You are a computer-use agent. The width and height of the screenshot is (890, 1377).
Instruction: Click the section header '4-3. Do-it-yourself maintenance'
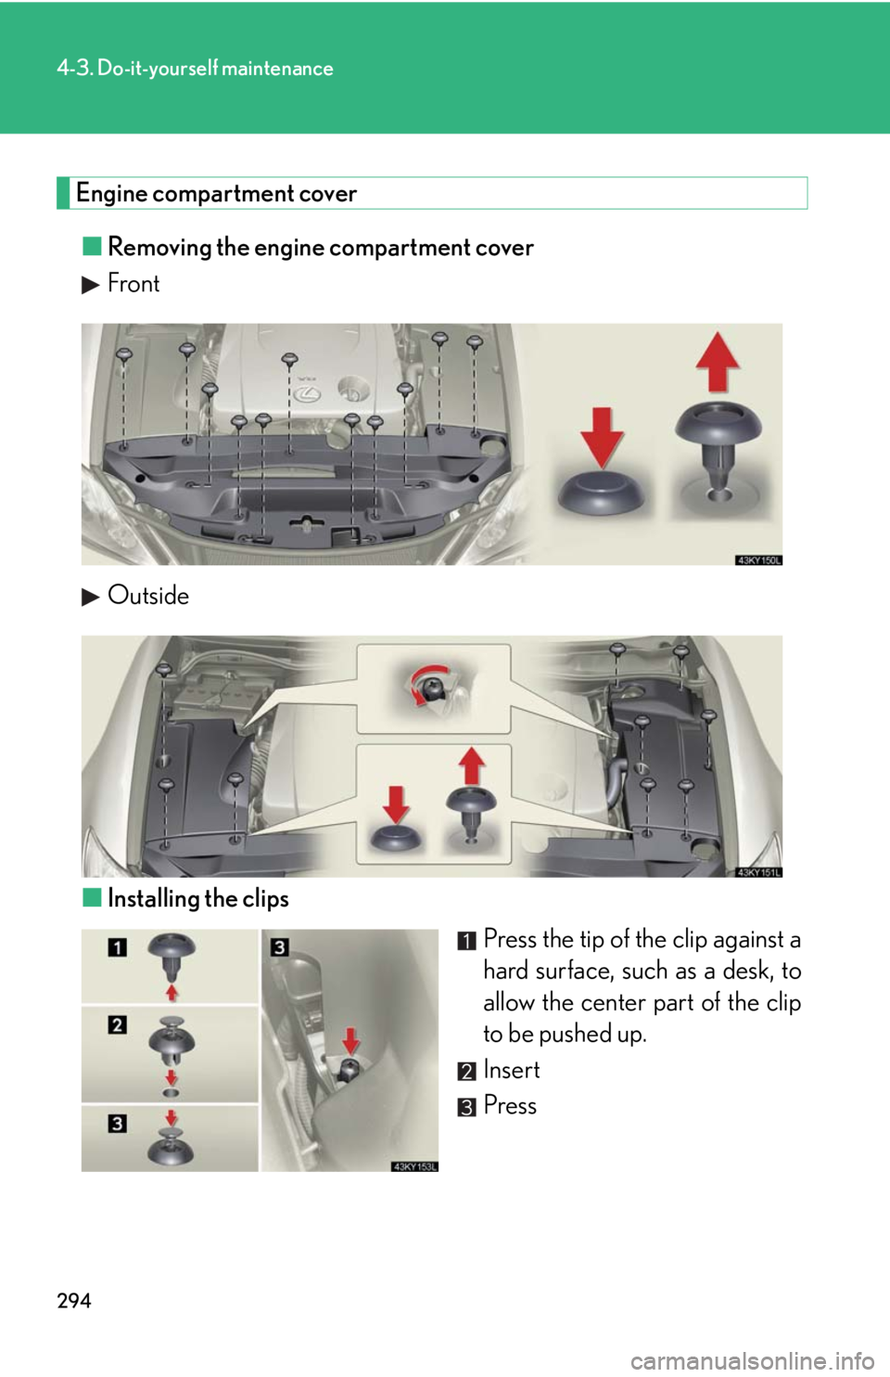[x=195, y=69]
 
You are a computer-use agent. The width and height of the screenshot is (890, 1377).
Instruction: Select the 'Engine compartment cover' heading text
[x=216, y=194]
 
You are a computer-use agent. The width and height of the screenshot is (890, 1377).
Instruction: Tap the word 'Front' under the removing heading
[x=133, y=283]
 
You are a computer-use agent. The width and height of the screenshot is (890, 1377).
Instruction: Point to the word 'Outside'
[x=148, y=596]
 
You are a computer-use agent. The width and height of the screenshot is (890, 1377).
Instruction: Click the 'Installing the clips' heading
[x=197, y=899]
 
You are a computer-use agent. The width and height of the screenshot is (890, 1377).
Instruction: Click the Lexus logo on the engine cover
[x=307, y=394]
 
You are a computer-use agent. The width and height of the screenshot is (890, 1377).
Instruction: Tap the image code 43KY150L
[x=758, y=560]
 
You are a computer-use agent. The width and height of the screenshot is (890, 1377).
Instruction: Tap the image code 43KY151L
[x=758, y=871]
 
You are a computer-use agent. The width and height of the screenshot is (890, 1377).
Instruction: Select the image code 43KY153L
[x=414, y=1166]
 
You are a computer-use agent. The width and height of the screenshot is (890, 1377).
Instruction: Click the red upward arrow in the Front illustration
[x=717, y=362]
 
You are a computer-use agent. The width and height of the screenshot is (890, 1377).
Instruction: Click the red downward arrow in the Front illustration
[x=603, y=437]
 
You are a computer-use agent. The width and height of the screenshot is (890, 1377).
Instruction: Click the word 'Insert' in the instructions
[x=512, y=1070]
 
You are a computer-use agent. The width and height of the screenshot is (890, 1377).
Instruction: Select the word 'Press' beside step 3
[x=510, y=1106]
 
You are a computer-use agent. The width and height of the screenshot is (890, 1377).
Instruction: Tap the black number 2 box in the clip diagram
[x=118, y=1024]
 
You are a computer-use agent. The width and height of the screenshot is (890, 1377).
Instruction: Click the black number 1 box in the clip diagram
[x=118, y=947]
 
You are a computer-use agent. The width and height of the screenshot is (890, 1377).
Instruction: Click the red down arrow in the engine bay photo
[x=350, y=1041]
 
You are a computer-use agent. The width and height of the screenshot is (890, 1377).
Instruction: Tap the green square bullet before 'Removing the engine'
[x=92, y=247]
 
